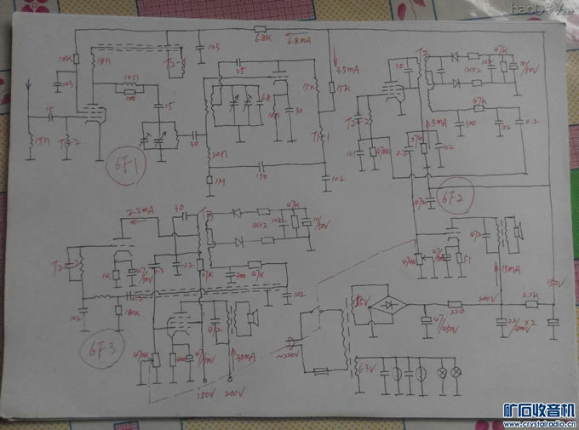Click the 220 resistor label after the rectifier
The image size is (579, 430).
tap(455, 312)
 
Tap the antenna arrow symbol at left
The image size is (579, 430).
tap(30, 86)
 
